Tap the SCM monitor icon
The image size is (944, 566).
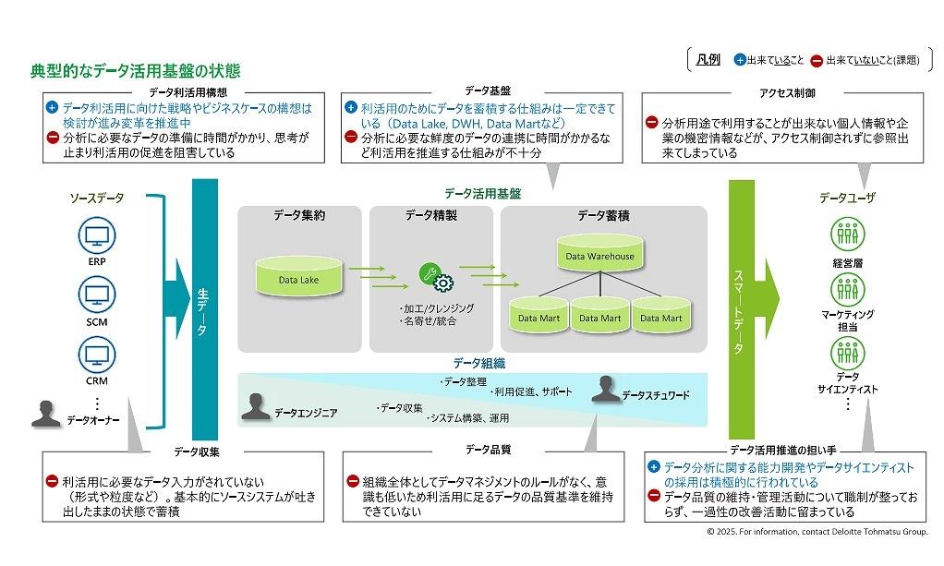97,295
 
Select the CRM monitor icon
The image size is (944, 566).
97,354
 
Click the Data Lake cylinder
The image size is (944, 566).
297,276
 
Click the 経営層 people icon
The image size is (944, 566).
847,235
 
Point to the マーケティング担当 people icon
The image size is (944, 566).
847,291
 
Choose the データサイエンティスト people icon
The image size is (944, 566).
847,353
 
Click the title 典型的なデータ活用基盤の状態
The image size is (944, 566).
135,70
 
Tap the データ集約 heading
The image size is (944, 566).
299,216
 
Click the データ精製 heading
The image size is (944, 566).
430,216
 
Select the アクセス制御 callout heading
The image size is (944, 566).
787,93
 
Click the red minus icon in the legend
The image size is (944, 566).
817,61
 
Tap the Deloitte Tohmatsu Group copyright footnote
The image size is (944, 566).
817,533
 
